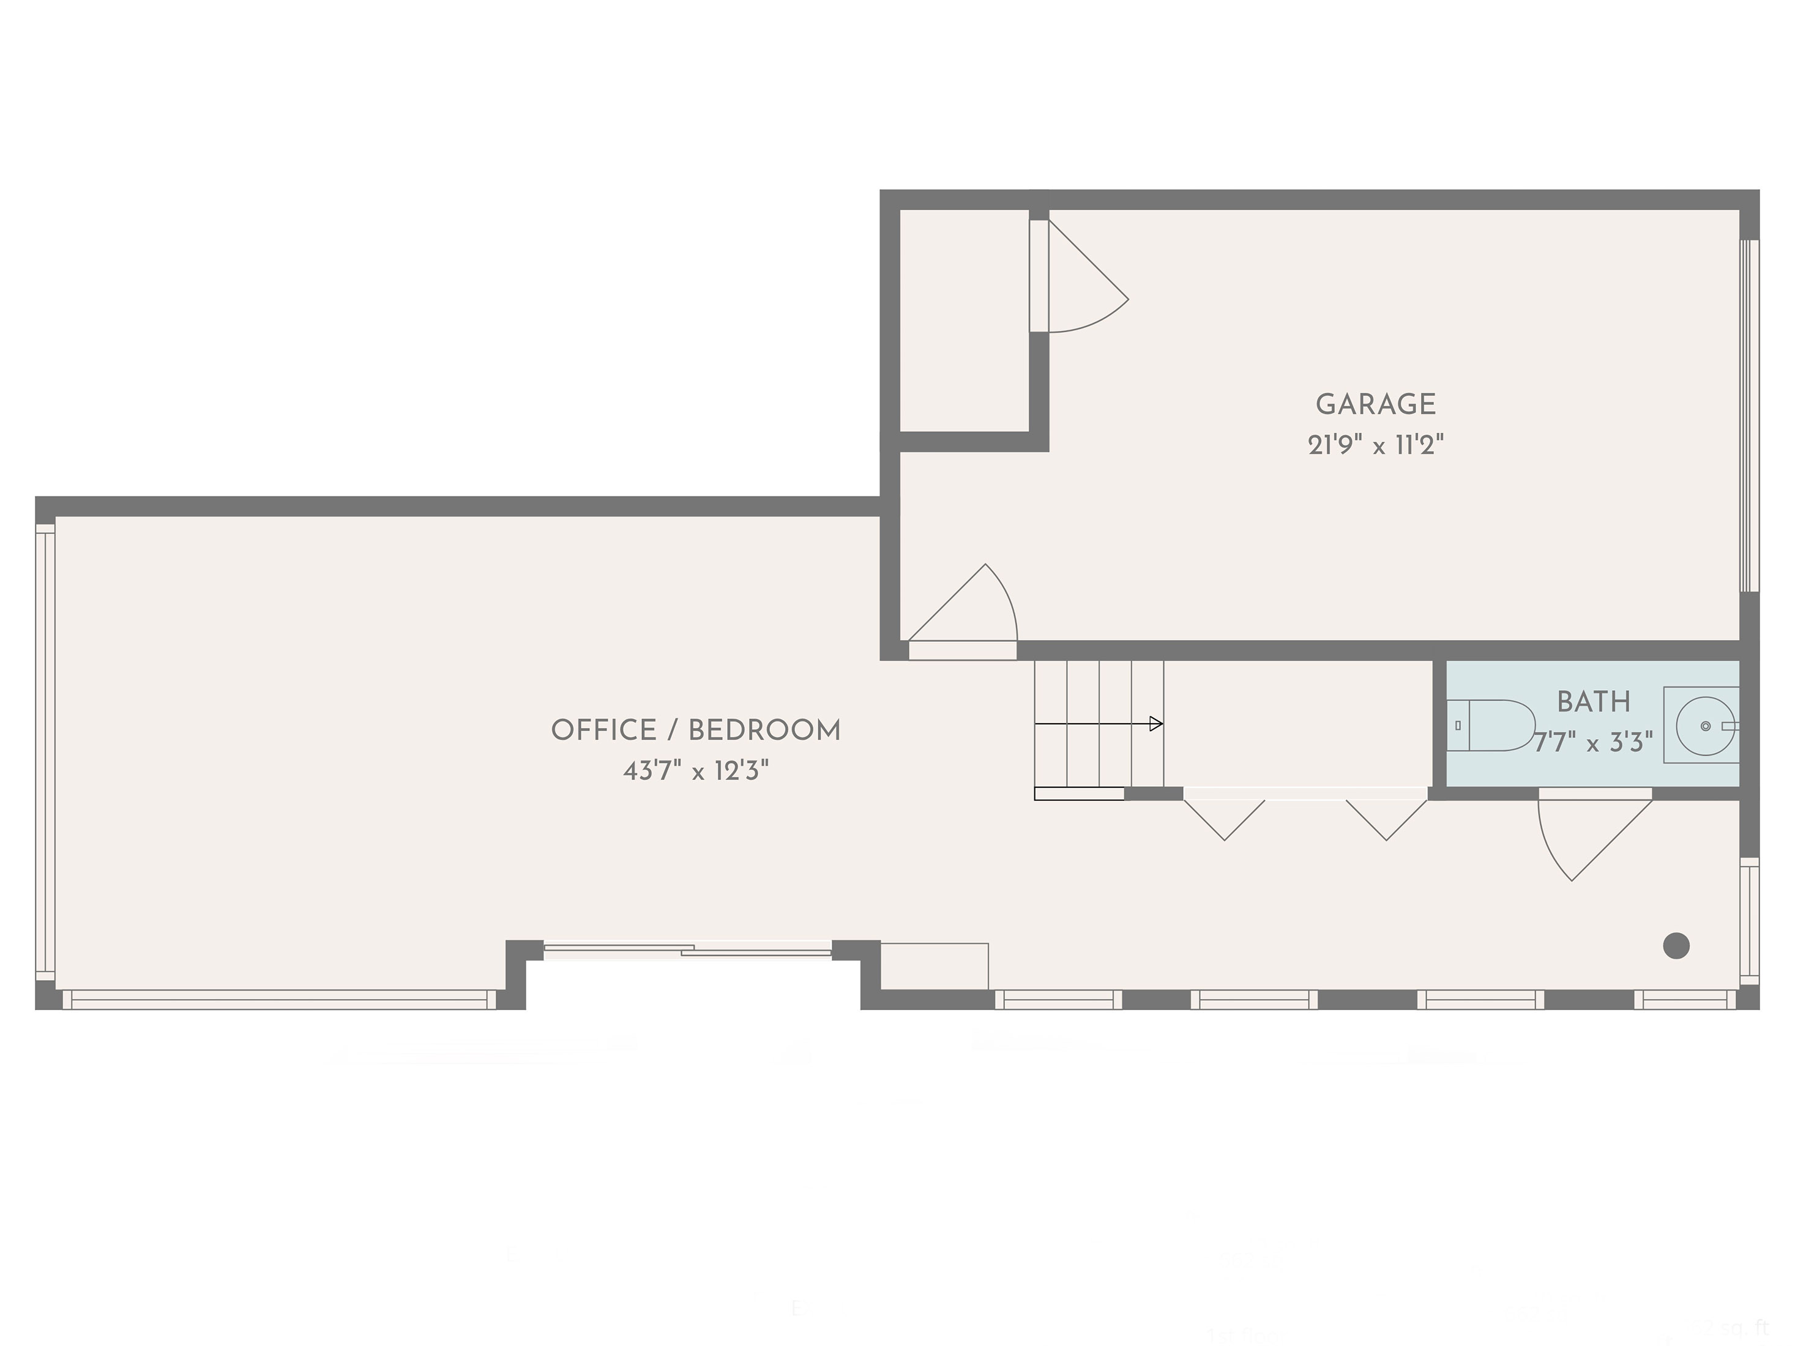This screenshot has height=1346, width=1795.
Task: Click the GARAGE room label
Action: pos(1375,404)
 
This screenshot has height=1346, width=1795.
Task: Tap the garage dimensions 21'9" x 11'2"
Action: pos(1375,445)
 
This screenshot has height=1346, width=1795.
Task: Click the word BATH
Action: pos(1593,702)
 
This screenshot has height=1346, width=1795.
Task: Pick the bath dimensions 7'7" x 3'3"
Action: pos(1593,742)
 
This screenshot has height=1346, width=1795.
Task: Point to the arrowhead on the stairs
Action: pos(1156,724)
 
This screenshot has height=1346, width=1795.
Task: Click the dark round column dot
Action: pos(1676,945)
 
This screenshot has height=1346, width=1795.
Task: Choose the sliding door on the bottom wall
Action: pos(687,950)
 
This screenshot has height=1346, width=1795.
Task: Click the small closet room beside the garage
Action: pos(964,321)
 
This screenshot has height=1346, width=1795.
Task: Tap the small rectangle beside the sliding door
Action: pos(934,965)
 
